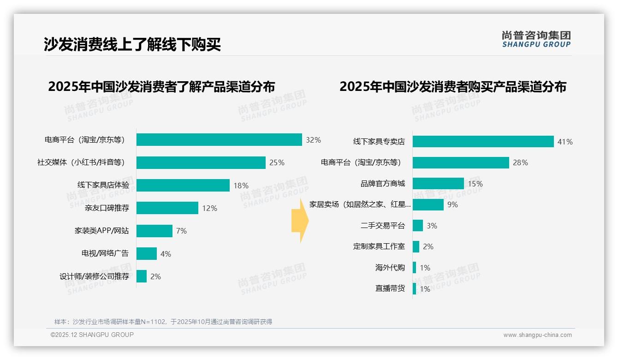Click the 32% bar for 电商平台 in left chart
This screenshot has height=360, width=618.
tap(219, 140)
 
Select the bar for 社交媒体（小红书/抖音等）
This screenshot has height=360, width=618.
tap(201, 162)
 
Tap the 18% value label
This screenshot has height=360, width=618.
tap(241, 186)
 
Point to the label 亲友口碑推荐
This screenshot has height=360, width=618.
tap(107, 208)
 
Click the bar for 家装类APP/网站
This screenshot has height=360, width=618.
tap(154, 231)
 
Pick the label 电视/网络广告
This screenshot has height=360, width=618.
tap(105, 253)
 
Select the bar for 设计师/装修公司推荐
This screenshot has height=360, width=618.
tap(142, 276)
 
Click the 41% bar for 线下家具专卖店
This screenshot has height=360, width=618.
tap(483, 142)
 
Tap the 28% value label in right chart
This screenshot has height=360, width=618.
tap(521, 162)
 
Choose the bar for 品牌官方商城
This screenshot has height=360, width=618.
tap(438, 184)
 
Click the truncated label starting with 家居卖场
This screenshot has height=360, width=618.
tap(360, 204)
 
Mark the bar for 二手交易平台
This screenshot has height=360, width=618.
tap(418, 226)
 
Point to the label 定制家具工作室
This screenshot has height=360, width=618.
tap(379, 246)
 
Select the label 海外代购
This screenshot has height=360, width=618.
tap(390, 268)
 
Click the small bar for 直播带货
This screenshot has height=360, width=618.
tap(415, 289)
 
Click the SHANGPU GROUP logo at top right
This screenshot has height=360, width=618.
tap(536, 39)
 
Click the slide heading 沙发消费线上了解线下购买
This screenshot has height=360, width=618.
tap(132, 44)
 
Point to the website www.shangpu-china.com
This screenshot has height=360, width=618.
tap(537, 335)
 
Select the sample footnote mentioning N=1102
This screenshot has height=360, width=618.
tap(163, 322)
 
